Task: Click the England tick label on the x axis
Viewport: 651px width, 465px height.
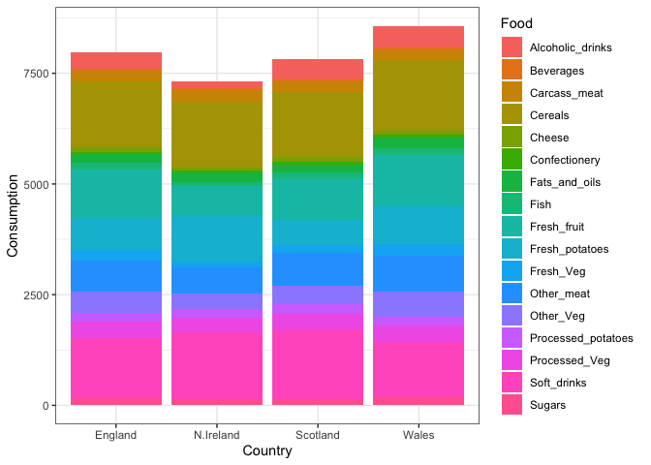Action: coord(116,435)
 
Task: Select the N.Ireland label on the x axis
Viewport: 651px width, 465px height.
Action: coord(217,435)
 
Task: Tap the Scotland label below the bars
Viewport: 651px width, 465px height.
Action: coord(318,435)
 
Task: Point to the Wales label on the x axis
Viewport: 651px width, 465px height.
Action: coord(418,435)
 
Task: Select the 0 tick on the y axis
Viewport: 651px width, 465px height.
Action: coord(46,406)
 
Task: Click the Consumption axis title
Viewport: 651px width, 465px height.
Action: coord(14,215)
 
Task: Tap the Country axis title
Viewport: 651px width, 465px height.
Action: coord(267,451)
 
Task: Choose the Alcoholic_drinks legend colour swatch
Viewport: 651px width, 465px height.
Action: coord(512,46)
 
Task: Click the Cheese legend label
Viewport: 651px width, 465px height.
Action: coord(549,138)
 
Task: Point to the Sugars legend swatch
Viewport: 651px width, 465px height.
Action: coord(512,405)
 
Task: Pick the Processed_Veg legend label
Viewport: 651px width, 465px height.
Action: coord(571,360)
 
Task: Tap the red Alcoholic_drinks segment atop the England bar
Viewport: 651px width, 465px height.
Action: coord(116,61)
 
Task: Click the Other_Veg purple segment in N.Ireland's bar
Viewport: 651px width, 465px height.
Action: coord(217,301)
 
